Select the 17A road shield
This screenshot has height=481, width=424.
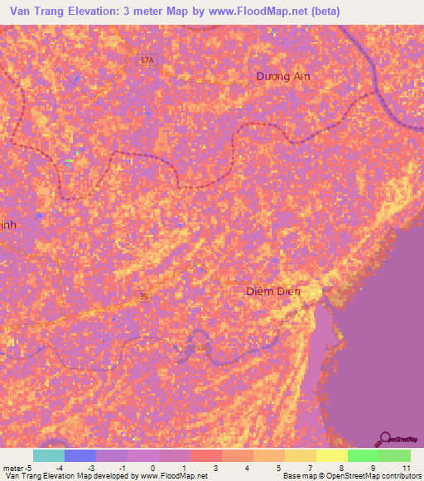(x=147, y=60)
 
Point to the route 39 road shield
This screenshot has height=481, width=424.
(x=145, y=296)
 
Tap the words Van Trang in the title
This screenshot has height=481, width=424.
(x=37, y=12)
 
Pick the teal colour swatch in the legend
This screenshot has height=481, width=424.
(x=49, y=455)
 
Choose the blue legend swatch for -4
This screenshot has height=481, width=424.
(x=80, y=455)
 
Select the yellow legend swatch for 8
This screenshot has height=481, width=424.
(x=332, y=455)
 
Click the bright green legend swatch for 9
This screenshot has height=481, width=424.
(x=364, y=455)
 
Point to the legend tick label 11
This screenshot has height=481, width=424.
(x=406, y=468)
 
